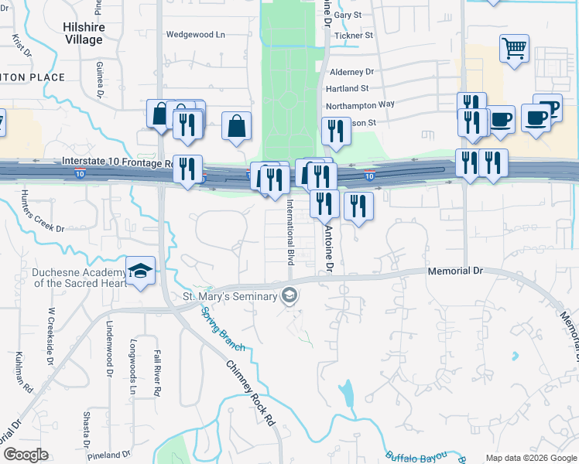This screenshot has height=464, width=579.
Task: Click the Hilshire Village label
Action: [83, 32]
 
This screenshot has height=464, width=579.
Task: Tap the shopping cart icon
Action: [514, 48]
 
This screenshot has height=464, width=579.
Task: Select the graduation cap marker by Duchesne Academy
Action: [140, 271]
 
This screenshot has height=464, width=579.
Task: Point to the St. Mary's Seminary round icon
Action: [289, 295]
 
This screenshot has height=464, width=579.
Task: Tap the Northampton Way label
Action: [360, 104]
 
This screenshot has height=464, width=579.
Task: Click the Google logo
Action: [26, 455]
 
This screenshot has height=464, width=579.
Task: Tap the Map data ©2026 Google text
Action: [530, 458]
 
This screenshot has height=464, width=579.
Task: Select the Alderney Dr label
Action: [351, 72]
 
